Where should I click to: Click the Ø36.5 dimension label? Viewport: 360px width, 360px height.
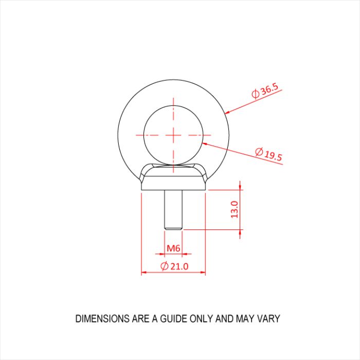[265, 91]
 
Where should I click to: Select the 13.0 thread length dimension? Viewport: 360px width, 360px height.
[234, 209]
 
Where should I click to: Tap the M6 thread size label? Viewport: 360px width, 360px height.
[173, 248]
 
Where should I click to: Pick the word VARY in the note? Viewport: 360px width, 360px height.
[269, 319]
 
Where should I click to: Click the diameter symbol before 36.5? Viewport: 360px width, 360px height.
[255, 94]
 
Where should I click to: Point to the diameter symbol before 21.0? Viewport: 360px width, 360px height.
[164, 266]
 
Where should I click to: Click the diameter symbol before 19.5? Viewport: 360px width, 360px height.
[259, 152]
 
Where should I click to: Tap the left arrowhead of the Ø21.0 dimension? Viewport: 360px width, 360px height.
[145, 273]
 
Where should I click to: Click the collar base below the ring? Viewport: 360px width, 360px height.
[173, 183]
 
